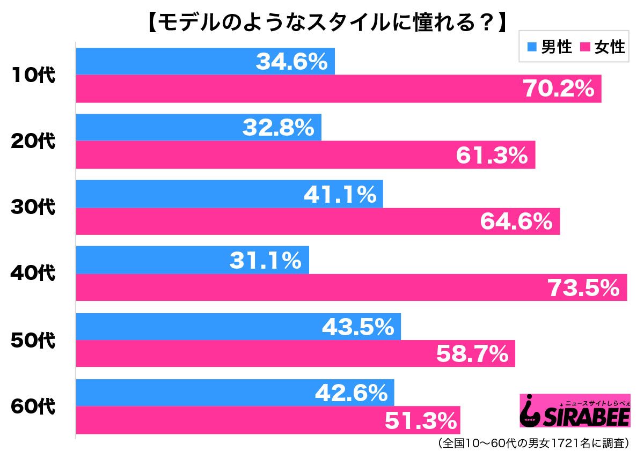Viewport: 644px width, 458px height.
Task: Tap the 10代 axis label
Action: [33, 76]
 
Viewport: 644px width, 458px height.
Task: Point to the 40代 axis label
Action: [33, 274]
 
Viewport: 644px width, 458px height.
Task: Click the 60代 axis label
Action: [33, 406]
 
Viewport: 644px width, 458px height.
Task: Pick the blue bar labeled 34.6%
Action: [205, 62]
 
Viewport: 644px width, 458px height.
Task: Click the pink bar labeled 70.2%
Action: [338, 89]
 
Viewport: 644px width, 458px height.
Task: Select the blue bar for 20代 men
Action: [199, 128]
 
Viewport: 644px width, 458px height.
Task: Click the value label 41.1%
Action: [340, 195]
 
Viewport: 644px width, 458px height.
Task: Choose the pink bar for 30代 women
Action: [318, 221]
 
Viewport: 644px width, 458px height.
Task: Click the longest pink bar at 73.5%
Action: [351, 287]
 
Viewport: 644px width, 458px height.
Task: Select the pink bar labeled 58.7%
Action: [295, 353]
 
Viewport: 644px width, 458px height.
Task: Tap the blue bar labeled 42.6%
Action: [235, 393]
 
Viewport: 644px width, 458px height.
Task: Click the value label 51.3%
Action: [421, 420]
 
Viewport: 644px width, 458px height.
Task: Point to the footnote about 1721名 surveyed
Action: [534, 443]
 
